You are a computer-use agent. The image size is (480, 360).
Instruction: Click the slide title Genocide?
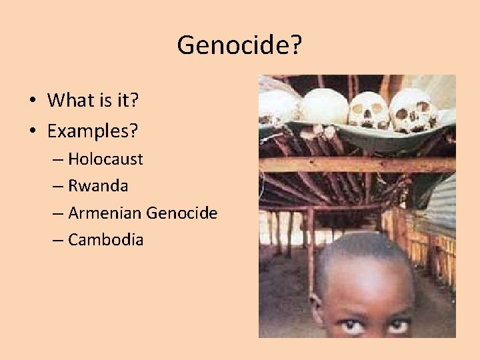click(x=239, y=45)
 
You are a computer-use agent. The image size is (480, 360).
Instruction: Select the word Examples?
click(x=93, y=131)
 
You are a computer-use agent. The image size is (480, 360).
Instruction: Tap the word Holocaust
click(x=105, y=159)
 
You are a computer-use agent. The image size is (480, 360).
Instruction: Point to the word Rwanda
click(x=98, y=186)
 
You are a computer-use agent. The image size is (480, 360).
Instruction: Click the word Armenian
click(x=105, y=213)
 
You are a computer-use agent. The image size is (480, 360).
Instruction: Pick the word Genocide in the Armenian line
click(x=181, y=213)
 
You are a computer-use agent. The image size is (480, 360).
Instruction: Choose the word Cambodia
click(x=105, y=240)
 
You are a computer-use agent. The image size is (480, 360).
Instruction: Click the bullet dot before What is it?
click(x=32, y=101)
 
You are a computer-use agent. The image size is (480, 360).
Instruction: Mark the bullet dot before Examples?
click(x=32, y=131)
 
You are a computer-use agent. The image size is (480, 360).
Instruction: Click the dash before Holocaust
click(x=58, y=160)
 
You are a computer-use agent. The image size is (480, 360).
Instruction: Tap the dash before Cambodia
click(x=58, y=241)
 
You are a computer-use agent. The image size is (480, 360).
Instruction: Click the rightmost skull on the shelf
click(x=413, y=110)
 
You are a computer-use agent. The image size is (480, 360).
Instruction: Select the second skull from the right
click(x=369, y=110)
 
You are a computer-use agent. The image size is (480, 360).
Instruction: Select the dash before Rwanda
click(x=58, y=187)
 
